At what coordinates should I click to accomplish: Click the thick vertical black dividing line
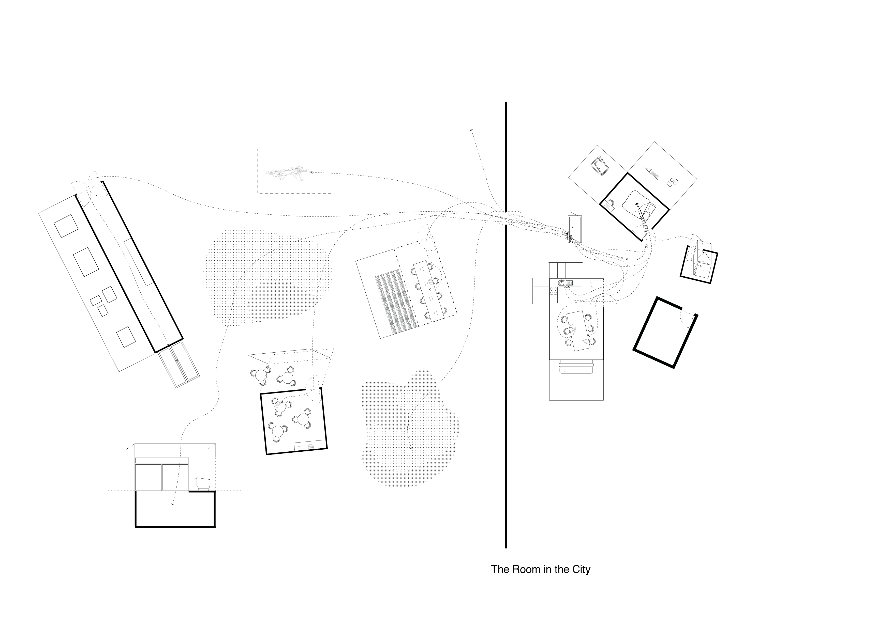506,349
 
